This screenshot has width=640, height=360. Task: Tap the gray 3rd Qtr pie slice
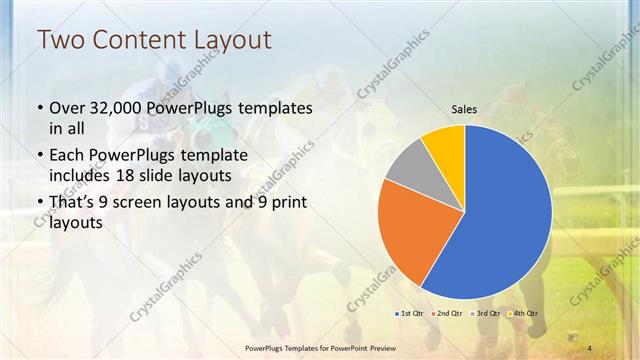(406, 166)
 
